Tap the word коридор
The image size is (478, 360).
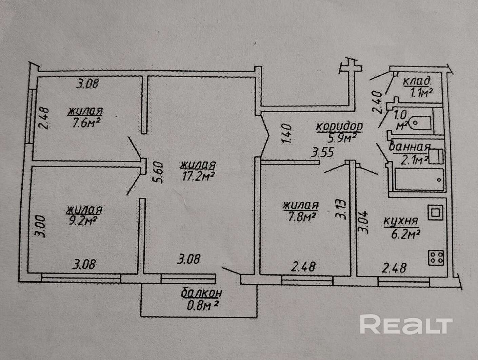pos(339,126)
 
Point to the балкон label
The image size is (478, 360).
pos(202,293)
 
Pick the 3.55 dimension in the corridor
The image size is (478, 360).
pos(323,152)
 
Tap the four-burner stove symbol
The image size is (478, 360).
pos(436,258)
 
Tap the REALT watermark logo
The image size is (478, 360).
pos(406,325)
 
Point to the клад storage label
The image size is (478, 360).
pos(417,81)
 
